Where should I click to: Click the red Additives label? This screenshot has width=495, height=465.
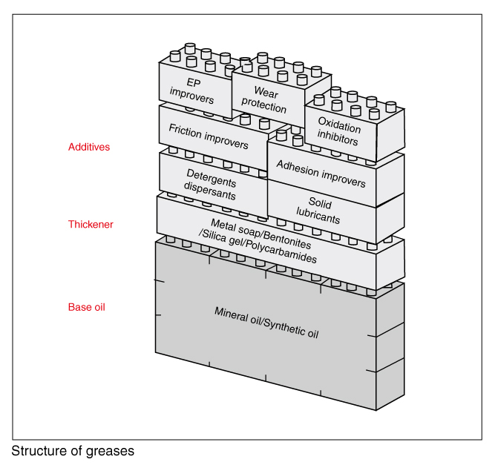tap(88, 147)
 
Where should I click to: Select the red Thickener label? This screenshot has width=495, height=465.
tap(91, 224)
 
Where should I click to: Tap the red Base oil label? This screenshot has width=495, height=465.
tap(86, 307)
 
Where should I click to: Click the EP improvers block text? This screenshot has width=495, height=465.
tap(191, 90)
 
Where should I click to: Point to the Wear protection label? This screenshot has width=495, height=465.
tap(265, 99)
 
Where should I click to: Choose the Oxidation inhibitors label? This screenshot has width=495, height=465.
tap(338, 131)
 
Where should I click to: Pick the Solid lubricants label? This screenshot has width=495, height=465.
tap(320, 211)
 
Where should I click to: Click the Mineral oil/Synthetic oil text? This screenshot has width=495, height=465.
tap(266, 321)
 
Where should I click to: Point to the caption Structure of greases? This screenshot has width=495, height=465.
tap(73, 450)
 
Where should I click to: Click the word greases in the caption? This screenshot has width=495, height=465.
tap(113, 451)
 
